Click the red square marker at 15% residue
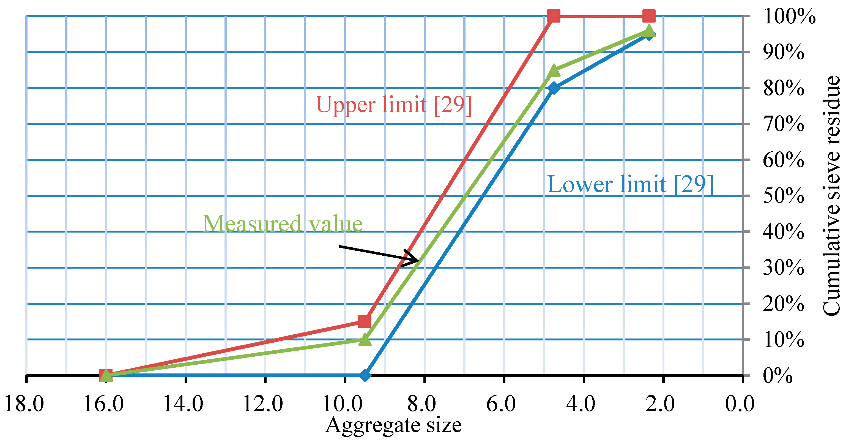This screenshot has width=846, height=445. (x=365, y=321)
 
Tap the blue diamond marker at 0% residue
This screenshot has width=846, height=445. (x=365, y=375)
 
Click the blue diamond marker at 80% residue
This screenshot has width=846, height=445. (x=554, y=88)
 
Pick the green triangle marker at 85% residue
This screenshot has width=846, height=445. (x=554, y=70)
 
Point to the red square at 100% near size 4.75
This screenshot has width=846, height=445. (x=554, y=16)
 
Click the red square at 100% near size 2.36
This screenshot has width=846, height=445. (x=649, y=16)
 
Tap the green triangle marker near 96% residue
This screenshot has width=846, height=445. (x=649, y=31)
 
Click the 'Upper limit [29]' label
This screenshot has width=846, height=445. (x=394, y=105)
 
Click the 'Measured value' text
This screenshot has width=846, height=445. (x=283, y=224)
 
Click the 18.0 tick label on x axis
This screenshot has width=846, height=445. (x=24, y=404)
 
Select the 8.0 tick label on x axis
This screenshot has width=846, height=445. (x=422, y=404)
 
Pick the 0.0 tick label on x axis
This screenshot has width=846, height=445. (x=740, y=404)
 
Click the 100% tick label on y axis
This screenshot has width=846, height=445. (x=789, y=17)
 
